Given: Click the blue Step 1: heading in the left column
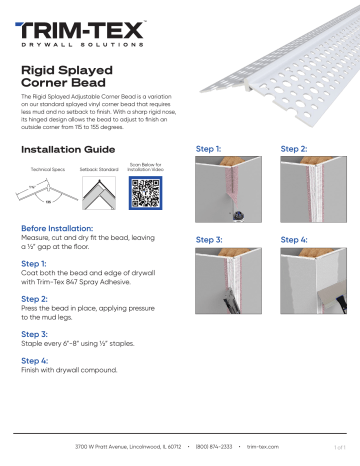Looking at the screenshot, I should (x=35, y=264).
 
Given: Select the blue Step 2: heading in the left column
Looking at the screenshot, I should (x=36, y=299).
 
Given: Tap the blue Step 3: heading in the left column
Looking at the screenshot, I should (x=36, y=333).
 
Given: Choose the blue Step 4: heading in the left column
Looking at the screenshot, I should (x=36, y=358).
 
